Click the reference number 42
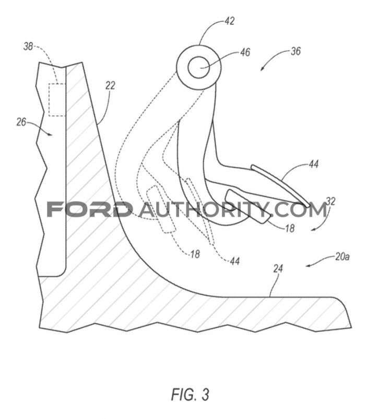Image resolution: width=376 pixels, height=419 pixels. [229, 21]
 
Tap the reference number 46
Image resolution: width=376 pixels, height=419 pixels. [245, 52]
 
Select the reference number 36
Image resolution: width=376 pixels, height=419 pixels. [296, 51]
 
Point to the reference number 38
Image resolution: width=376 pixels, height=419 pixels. [28, 47]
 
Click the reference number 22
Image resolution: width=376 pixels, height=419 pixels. [110, 85]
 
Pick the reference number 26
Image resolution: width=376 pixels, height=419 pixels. [21, 122]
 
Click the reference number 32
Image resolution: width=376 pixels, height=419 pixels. [331, 201]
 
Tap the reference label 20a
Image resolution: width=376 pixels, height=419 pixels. [342, 257]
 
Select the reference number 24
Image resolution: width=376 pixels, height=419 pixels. [278, 268]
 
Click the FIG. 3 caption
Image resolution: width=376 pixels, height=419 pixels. [190, 394]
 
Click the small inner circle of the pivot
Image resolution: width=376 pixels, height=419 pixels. [199, 67]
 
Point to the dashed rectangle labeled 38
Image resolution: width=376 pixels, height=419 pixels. [57, 100]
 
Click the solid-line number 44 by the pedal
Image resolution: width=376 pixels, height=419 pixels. [313, 164]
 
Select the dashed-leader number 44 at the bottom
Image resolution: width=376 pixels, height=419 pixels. [234, 261]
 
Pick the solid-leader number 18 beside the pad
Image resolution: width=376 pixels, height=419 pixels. [289, 228]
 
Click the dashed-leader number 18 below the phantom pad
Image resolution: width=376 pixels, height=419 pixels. [195, 254]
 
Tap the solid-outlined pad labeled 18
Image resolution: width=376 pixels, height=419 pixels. [248, 206]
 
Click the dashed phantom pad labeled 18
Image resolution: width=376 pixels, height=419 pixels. [161, 209]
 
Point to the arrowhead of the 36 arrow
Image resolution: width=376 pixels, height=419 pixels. [262, 70]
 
